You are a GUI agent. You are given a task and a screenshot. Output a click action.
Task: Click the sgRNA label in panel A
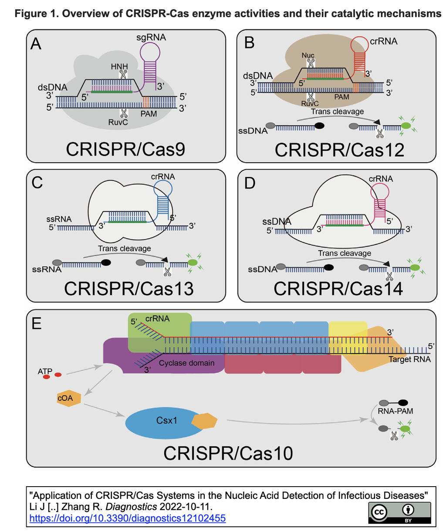click(151, 38)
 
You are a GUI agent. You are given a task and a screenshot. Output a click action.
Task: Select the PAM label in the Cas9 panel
click(149, 114)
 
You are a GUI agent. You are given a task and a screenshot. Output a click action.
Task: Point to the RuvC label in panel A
click(118, 123)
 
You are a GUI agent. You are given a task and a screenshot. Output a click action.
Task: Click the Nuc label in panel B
click(308, 56)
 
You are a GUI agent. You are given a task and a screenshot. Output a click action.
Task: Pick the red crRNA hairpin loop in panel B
click(362, 45)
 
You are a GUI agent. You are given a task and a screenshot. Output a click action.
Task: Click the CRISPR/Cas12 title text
click(339, 150)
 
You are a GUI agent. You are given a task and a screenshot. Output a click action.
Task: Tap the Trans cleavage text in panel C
click(125, 249)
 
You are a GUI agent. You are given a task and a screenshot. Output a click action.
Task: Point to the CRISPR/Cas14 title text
click(338, 289)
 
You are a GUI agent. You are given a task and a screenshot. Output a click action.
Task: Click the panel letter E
click(37, 324)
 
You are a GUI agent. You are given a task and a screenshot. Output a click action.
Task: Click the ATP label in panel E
click(45, 371)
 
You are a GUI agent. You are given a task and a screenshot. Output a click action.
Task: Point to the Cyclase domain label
click(186, 363)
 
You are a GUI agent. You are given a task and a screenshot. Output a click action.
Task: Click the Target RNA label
click(409, 359)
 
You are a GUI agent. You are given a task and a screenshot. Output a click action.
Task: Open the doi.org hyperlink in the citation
click(128, 518)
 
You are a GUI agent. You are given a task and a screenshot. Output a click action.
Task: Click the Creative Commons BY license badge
click(399, 512)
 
